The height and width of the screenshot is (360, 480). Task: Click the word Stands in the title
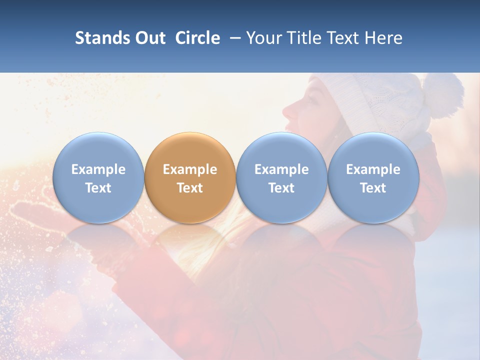pyautogui.click(x=100, y=38)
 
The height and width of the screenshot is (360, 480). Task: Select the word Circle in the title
pyautogui.click(x=197, y=38)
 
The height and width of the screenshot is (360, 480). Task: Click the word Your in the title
pyautogui.click(x=263, y=38)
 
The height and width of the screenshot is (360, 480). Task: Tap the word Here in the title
pyautogui.click(x=383, y=38)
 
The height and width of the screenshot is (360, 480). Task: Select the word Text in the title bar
pyautogui.click(x=341, y=38)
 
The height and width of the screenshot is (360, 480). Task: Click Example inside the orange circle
pyautogui.click(x=190, y=169)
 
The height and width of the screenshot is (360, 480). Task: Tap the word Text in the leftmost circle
pyautogui.click(x=98, y=188)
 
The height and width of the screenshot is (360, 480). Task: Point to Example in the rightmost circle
pyautogui.click(x=373, y=169)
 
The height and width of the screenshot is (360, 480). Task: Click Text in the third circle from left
pyautogui.click(x=281, y=188)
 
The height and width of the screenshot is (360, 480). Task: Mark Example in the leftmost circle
pyautogui.click(x=98, y=169)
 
